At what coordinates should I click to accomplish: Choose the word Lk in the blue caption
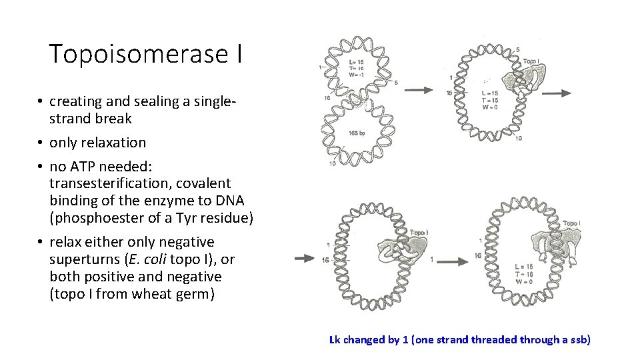tap(335, 340)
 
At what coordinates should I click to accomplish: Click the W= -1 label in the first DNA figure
tap(357, 74)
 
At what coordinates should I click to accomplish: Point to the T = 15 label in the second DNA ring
tap(489, 99)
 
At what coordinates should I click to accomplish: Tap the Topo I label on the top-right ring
tap(531, 61)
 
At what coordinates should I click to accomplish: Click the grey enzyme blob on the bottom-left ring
tap(399, 248)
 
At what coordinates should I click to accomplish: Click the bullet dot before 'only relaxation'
tap(41, 143)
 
